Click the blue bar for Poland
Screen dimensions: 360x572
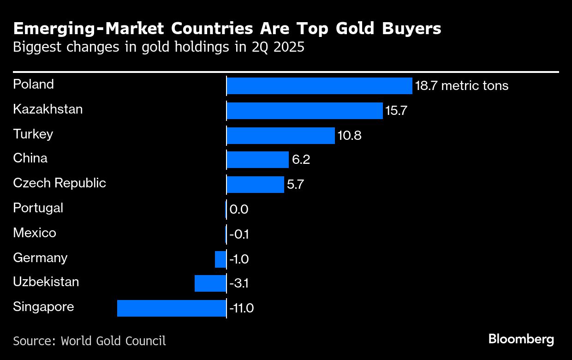coord(319,86)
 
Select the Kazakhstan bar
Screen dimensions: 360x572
coord(304,111)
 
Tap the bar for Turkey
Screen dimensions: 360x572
coord(280,136)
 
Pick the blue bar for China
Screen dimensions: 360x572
coord(257,160)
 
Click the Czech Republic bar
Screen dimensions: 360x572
coord(255,185)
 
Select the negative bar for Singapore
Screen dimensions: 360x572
coord(172,308)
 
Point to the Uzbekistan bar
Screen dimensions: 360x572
coord(210,283)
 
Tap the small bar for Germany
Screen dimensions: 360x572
coord(220,259)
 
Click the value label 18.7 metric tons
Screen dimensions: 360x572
coord(462,86)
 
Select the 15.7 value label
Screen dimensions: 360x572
coord(396,111)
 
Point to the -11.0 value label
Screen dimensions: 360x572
coord(241,308)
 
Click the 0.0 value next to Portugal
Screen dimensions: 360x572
coord(239,210)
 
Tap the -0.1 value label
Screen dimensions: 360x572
coord(239,234)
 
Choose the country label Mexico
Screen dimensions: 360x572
coord(35,233)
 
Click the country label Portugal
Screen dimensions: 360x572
coord(38,208)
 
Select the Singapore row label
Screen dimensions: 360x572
coord(43,307)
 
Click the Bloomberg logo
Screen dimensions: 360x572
coord(521,340)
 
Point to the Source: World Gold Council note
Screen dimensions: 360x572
coord(89,341)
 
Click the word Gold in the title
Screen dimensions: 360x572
coord(358,29)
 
